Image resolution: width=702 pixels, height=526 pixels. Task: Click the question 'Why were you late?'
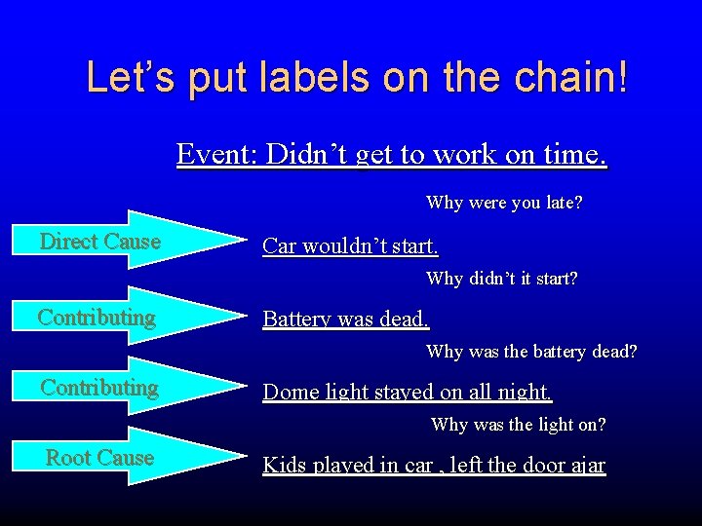[504, 204]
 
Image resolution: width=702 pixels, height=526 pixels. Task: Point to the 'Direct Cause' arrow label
[100, 242]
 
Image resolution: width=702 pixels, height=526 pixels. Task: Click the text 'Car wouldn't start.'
[350, 245]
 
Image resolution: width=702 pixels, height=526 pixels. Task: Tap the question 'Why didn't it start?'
[501, 279]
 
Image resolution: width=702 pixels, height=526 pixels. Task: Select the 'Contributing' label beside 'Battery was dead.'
[97, 317]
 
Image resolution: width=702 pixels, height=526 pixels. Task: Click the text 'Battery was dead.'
[346, 319]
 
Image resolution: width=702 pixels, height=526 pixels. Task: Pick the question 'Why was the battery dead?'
[531, 352]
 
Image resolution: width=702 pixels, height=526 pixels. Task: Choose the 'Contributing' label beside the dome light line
[99, 388]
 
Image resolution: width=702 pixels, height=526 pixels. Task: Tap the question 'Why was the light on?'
[518, 425]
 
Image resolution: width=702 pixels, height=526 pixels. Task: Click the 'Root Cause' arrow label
[100, 458]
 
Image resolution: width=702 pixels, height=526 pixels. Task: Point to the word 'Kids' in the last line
[284, 465]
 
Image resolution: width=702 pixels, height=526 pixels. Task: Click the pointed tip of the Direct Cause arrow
[242, 240]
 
